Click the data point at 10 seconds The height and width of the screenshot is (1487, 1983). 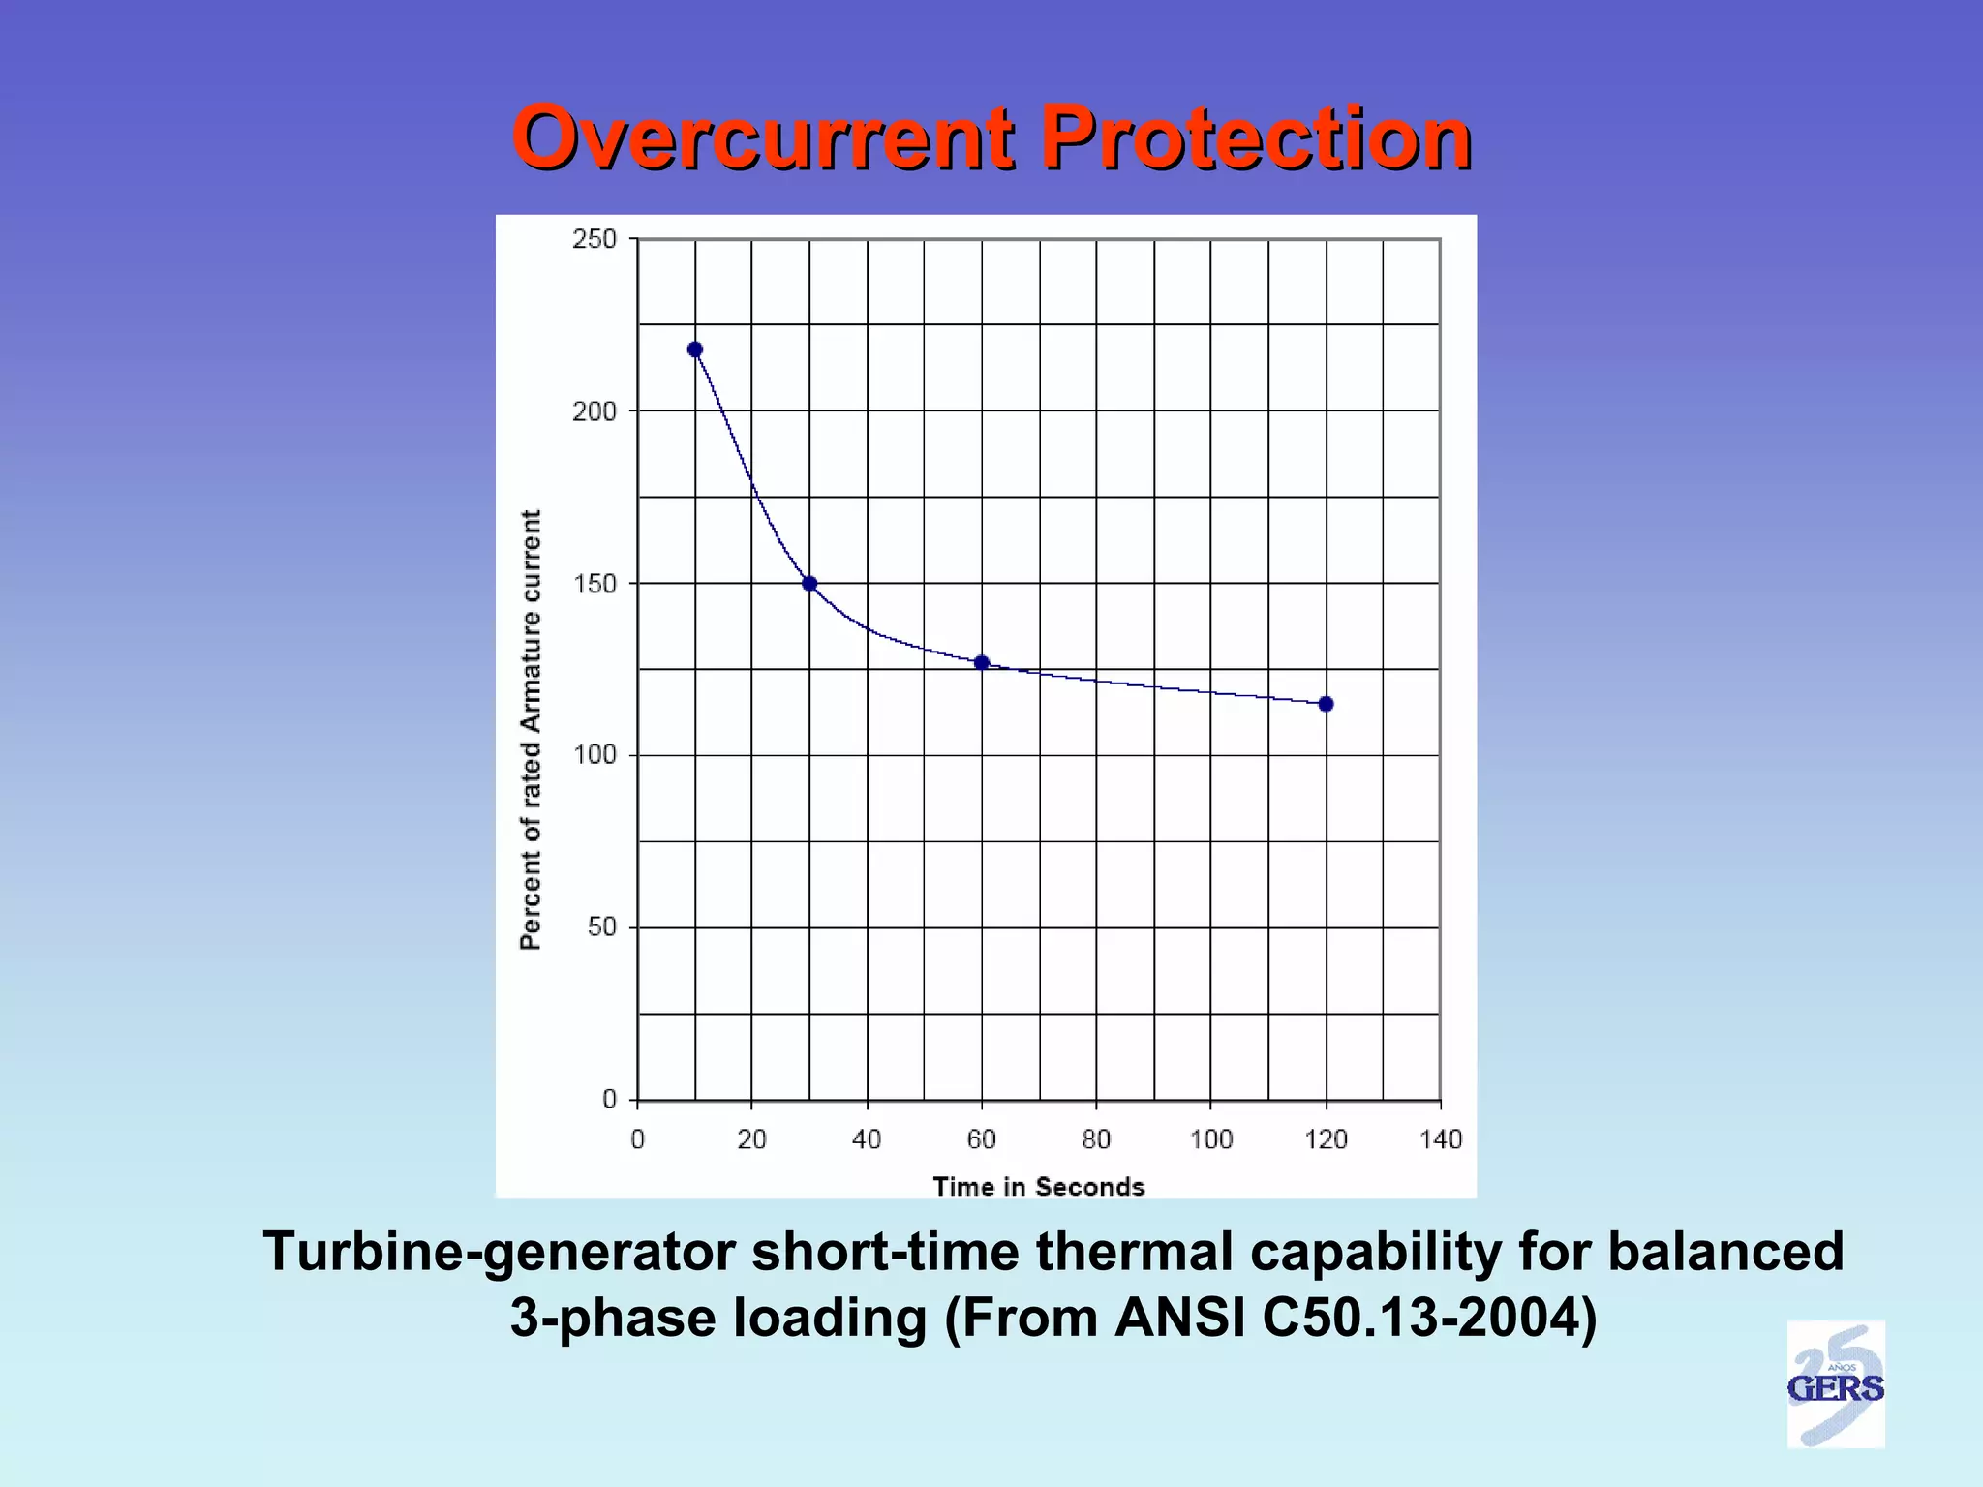coord(695,349)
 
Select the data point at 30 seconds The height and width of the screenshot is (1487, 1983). coord(809,584)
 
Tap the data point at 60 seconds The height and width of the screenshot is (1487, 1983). coord(982,663)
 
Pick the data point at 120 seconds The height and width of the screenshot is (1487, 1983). coord(1327,704)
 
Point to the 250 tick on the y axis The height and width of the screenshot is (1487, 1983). coord(594,239)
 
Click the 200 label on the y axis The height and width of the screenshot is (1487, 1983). coord(594,411)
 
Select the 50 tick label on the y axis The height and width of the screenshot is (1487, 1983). coord(601,927)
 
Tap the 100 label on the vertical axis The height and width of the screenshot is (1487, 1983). coord(594,755)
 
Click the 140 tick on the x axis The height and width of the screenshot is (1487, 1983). coord(1441,1139)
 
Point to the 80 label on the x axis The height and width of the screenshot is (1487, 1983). coord(1096,1139)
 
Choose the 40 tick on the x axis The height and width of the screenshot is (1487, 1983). coord(867,1139)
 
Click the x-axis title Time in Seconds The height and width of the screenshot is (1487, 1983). coord(1038,1186)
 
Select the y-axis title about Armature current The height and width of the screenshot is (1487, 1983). coord(531,729)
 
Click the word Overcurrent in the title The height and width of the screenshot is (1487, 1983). coord(763,137)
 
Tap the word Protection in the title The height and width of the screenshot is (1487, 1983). coord(1256,137)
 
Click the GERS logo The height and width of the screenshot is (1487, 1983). coord(1835,1385)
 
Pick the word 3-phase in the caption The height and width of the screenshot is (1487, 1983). coord(613,1318)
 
